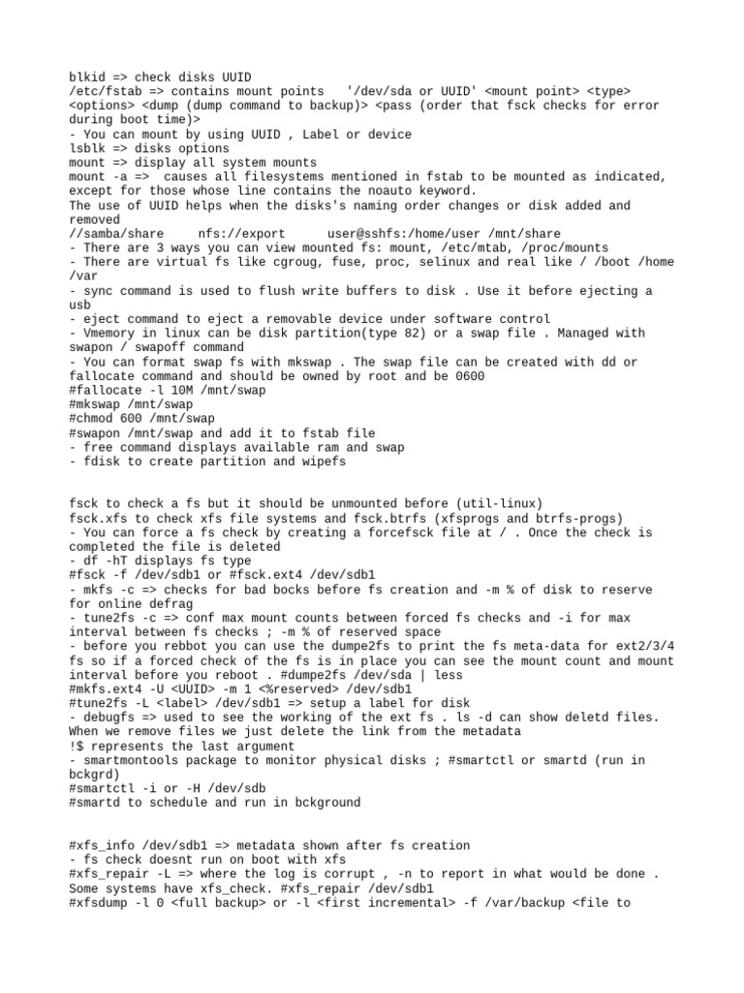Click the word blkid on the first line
click(x=87, y=77)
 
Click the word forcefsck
click(x=428, y=532)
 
